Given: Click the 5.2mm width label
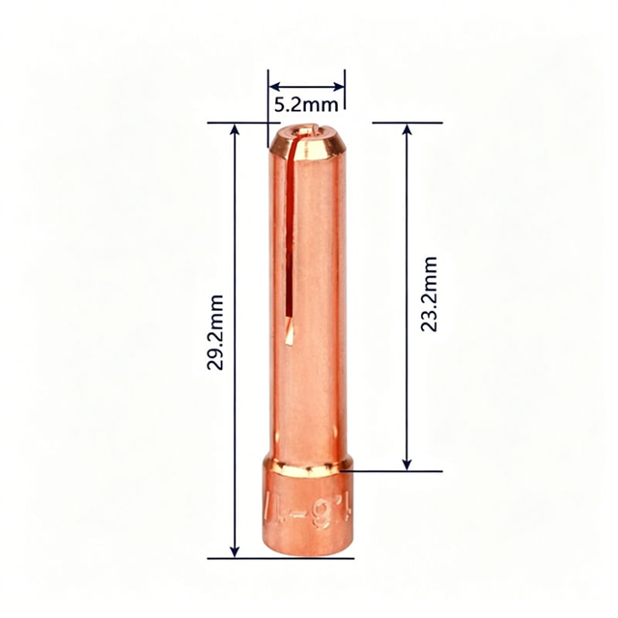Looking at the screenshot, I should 305,101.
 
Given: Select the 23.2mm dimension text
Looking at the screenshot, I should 430,295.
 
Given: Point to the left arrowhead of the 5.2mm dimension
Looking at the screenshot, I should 274,84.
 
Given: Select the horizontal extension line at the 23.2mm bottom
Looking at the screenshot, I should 396,471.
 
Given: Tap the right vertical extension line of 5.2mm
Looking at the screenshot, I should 344,97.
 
